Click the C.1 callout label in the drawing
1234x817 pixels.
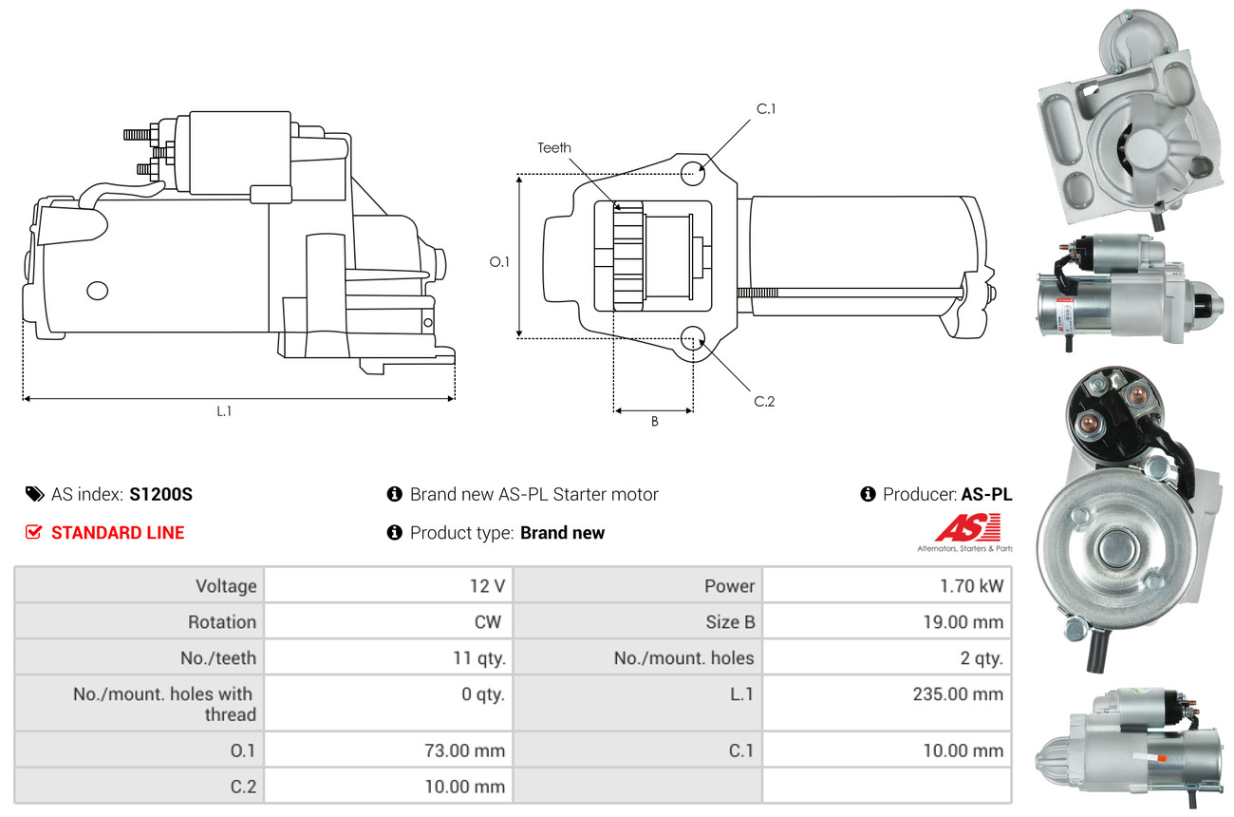[x=766, y=109]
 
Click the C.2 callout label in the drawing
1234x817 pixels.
[x=764, y=401]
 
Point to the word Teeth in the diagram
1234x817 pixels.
[x=554, y=148]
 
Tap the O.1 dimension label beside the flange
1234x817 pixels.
[x=499, y=262]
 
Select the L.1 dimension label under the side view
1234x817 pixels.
[x=224, y=411]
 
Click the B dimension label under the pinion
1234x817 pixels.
[x=654, y=422]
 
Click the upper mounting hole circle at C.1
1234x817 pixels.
[x=693, y=173]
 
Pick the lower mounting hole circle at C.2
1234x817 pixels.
[x=693, y=338]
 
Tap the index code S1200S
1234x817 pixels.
[x=160, y=495]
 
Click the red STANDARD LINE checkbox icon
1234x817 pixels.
[x=33, y=532]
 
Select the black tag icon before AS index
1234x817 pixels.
[x=35, y=494]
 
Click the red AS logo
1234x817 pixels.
[x=967, y=527]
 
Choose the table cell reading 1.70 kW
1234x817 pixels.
[x=971, y=586]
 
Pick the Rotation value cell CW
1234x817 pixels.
[x=488, y=622]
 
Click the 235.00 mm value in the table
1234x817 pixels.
[x=958, y=694]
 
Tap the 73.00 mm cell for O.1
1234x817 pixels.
[x=464, y=750]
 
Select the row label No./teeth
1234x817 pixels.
[x=218, y=658]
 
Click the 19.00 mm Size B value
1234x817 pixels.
[x=963, y=622]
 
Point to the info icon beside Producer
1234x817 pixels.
[x=868, y=494]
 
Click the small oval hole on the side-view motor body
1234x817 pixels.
[x=98, y=291]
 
